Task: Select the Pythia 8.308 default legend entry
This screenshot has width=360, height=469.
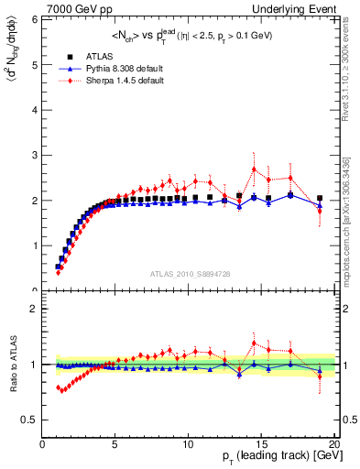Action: click(118, 70)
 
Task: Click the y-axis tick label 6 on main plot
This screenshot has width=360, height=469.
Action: click(35, 20)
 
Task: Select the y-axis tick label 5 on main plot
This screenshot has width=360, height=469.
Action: click(35, 65)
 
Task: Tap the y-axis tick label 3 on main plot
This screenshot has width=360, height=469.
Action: click(35, 155)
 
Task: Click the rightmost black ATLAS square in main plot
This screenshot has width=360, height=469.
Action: click(320, 198)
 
